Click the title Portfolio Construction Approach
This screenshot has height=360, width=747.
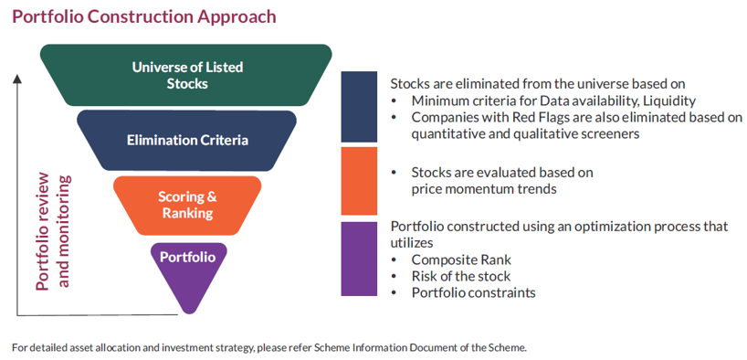[144, 16]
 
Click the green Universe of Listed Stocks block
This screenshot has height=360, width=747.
[186, 75]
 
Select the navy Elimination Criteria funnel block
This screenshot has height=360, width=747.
[186, 141]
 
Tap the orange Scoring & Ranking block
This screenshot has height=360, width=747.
[187, 206]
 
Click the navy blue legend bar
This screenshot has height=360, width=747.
[359, 107]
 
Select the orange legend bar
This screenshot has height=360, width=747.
[359, 181]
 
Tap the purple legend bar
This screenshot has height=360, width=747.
[359, 259]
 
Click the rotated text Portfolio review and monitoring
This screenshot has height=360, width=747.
[52, 232]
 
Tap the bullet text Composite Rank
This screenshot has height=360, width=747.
[461, 259]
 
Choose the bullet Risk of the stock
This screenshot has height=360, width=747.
[460, 276]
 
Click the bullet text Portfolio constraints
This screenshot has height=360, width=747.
[474, 292]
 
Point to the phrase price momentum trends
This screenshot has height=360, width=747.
[484, 189]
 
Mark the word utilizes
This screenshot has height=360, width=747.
[412, 243]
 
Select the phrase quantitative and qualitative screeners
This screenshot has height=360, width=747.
[525, 134]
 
